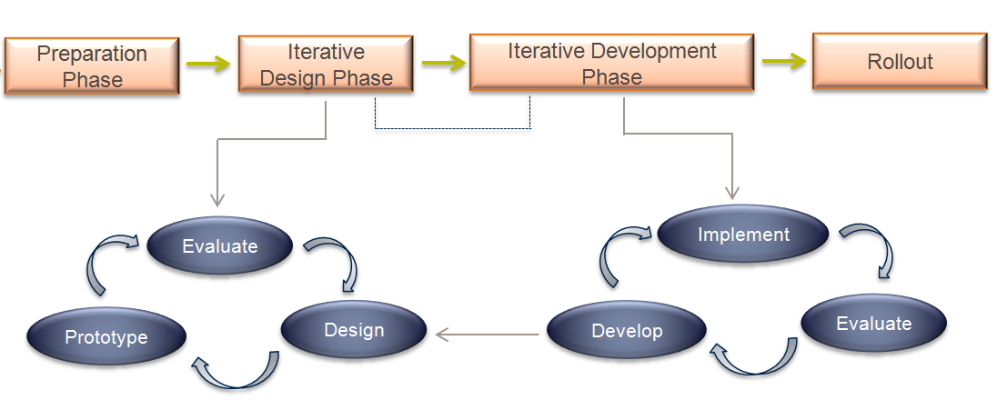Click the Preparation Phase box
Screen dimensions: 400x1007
pos(92,65)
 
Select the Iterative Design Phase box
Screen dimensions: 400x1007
pos(326,65)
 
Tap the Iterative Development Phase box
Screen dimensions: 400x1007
pos(611,63)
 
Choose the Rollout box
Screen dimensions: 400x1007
pos(899,62)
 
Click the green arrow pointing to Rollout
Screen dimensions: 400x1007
pos(783,61)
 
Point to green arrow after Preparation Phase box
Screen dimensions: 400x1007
pos(208,64)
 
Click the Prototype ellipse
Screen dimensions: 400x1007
pos(106,337)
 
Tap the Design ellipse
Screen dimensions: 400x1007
pos(354,329)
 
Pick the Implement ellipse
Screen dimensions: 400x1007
pos(743,235)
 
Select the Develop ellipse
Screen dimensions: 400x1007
pos(627,331)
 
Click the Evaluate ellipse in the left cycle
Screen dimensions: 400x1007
pos(219,246)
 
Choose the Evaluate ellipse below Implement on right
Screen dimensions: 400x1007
pos(873,324)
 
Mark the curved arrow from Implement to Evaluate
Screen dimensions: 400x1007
pos(869,247)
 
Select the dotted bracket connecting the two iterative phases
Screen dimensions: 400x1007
pos(452,127)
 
